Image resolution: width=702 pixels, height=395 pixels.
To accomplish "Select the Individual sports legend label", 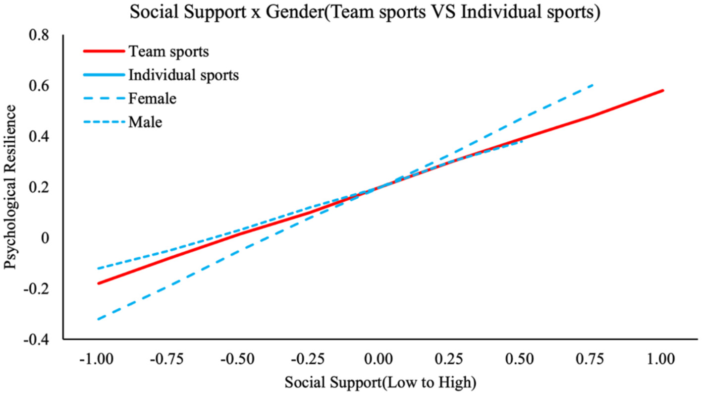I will pos(183,75).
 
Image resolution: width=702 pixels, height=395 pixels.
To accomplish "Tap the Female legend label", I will pos(152,98).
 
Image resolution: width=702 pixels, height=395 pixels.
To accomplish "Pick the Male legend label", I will pos(145,121).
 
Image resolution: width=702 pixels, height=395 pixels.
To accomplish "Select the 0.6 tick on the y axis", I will pos(40,86).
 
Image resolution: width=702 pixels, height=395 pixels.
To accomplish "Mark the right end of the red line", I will pos(663,90).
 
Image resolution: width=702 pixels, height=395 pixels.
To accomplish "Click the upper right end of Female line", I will pos(593,85).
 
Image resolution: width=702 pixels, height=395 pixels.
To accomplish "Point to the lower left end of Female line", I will pos(98,319).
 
